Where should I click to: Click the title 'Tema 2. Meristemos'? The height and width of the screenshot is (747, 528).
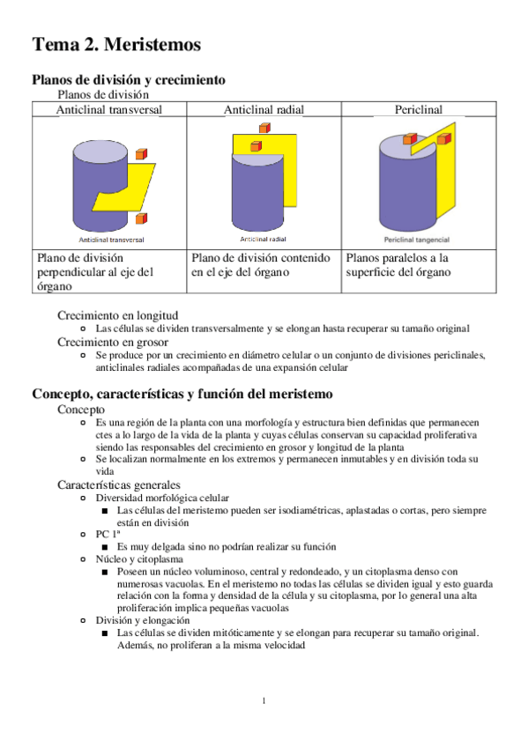coord(116,44)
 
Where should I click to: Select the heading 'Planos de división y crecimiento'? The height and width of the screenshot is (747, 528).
coord(129,79)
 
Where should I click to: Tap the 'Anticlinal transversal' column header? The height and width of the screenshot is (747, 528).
coord(109,109)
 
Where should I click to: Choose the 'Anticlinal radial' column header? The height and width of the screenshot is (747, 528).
coord(264,109)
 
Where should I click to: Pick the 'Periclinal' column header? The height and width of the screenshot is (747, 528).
coord(419,109)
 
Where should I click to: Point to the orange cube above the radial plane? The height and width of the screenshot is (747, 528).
coord(265,128)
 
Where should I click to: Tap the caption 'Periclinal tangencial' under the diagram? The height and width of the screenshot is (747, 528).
coord(416,240)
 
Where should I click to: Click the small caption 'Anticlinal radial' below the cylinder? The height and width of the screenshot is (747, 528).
coord(263,239)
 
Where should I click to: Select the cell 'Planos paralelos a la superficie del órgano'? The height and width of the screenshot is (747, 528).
coord(398,265)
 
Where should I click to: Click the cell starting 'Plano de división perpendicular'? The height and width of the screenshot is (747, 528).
coord(95,272)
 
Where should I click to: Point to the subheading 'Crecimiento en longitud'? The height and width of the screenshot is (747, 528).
coord(118,315)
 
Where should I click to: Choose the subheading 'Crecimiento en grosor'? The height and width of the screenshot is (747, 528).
coord(113,342)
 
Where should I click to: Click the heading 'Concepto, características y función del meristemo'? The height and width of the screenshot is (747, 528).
coord(182,394)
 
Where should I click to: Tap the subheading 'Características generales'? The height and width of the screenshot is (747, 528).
coord(119,485)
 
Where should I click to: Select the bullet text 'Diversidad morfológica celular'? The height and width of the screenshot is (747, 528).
coord(162,498)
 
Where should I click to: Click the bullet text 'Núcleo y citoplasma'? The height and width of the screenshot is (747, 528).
coord(139,558)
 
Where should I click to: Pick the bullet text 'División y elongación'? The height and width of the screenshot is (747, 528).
coord(143,620)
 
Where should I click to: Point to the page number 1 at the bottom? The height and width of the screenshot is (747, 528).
coord(264,700)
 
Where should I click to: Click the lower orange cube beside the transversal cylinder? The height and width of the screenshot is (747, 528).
coord(142,218)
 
